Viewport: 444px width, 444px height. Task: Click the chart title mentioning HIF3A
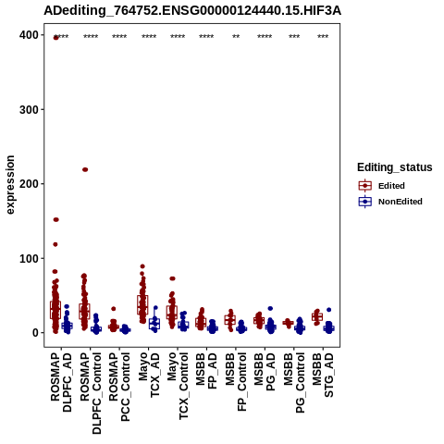coord(192,11)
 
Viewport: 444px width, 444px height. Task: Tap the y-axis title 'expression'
coord(10,185)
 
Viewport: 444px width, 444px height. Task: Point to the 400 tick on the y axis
coord(30,35)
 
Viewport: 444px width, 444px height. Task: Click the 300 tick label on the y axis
coord(30,109)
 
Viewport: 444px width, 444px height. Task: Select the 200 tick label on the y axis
coord(30,184)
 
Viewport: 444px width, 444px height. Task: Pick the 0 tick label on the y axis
coord(36,333)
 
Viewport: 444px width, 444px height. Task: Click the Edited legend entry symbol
coord(365,186)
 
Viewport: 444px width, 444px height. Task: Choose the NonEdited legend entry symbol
coord(365,202)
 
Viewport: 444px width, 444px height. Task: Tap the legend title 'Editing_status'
coord(395,167)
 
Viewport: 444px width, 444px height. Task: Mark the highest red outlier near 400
coord(55,38)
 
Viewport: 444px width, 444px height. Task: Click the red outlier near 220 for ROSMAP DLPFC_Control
coord(85,169)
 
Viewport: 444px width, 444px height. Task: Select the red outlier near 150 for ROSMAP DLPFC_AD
coord(55,219)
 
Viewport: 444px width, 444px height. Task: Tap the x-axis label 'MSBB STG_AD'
coord(323,375)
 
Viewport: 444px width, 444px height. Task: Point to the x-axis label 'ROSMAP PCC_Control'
coord(119,387)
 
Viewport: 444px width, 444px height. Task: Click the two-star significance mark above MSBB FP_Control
coord(236,37)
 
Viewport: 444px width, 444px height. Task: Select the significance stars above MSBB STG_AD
coord(323,37)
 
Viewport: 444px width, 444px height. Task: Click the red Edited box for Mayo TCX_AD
coord(142,305)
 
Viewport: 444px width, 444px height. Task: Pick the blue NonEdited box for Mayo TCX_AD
coord(154,324)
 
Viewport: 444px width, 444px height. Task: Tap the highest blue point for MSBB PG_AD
coord(270,308)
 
